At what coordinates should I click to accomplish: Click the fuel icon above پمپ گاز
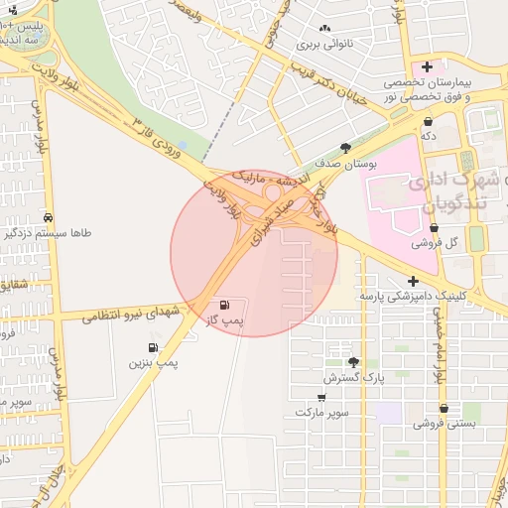pos(224,305)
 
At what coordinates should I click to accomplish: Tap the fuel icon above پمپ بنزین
pos(152,348)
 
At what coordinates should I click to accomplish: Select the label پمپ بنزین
pos(153,364)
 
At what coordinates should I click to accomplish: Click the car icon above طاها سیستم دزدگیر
pos(49,217)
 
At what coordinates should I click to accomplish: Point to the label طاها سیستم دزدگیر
pos(49,234)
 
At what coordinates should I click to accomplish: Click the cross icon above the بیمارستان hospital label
pos(427,66)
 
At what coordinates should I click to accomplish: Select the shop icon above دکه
pos(428,121)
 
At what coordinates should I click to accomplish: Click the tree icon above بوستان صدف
pos(345,147)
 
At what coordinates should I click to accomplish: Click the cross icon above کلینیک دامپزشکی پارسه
pos(412,281)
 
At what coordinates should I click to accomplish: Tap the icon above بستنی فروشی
pos(444,408)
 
